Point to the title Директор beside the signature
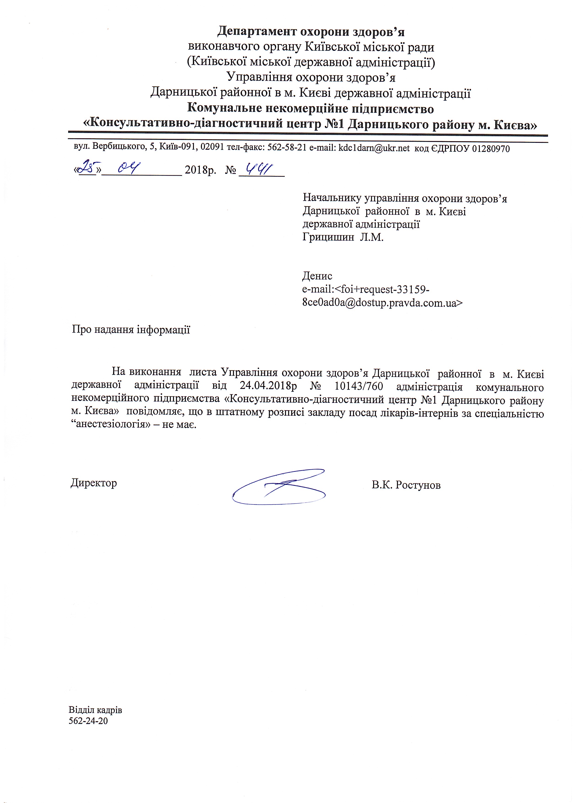coord(94,483)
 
